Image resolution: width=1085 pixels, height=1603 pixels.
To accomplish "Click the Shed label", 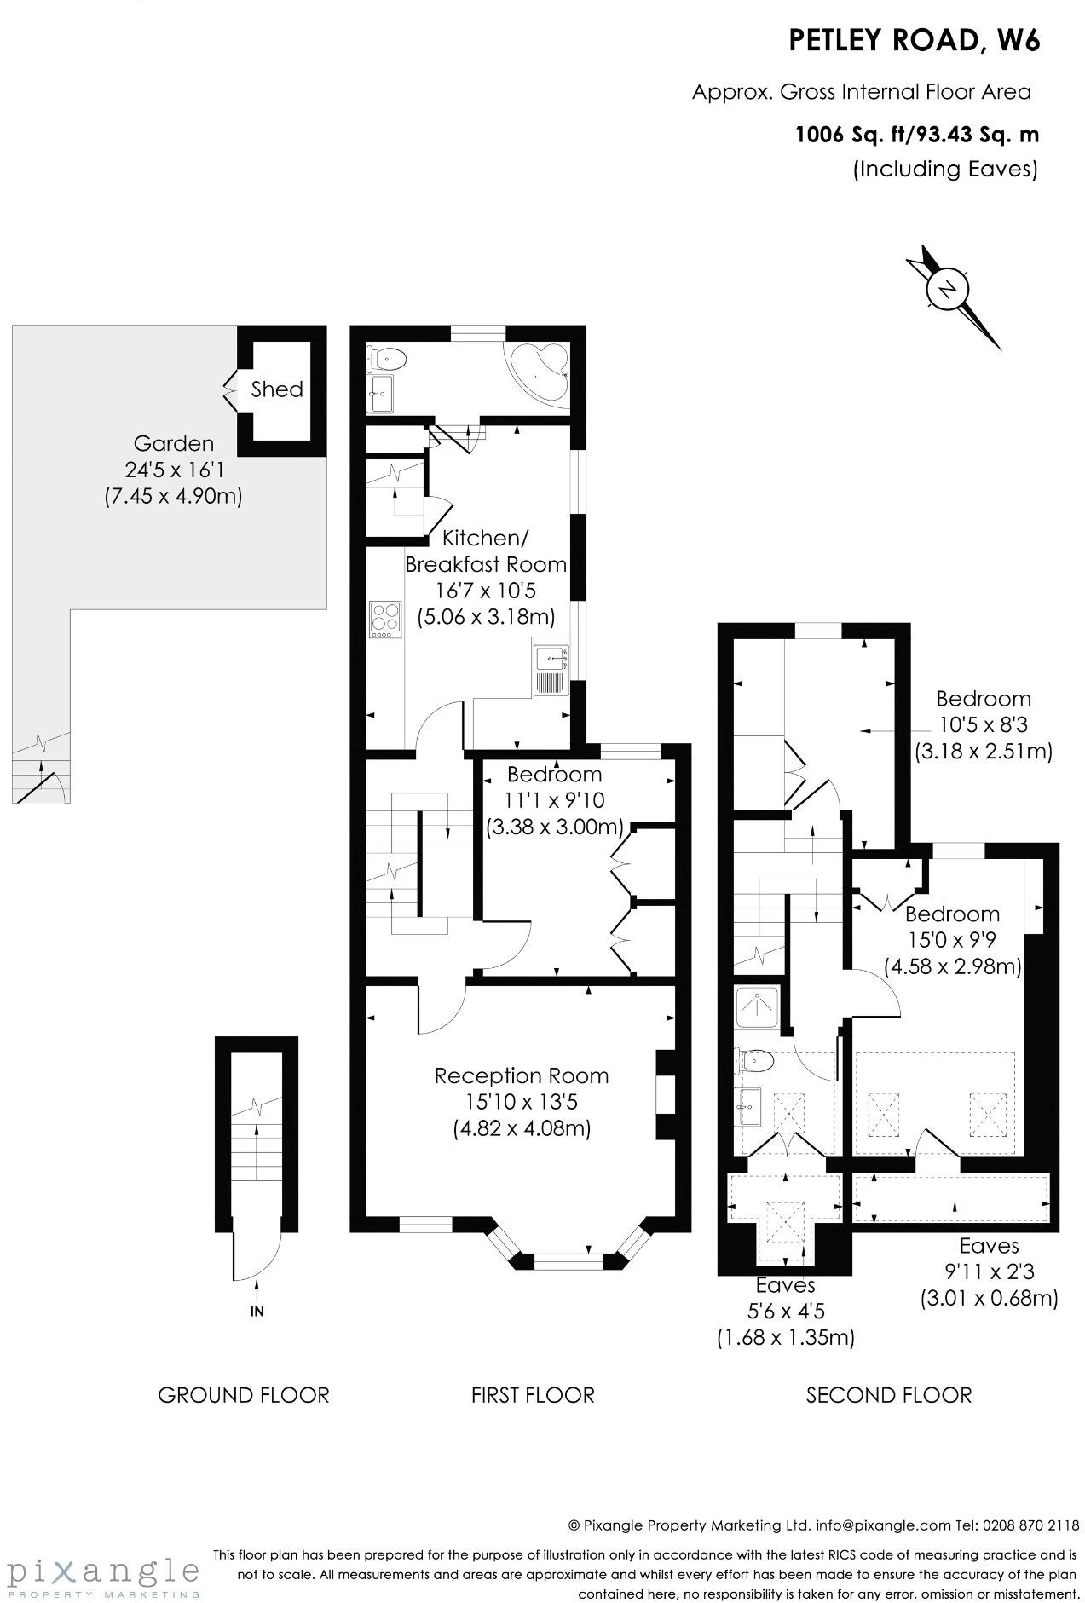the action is [277, 389].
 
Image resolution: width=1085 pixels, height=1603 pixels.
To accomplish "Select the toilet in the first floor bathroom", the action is [390, 359].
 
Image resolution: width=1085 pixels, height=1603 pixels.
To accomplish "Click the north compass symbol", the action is [948, 290].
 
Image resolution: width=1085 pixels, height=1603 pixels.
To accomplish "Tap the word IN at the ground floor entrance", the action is [257, 1311].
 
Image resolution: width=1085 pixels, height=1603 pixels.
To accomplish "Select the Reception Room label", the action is [522, 1075].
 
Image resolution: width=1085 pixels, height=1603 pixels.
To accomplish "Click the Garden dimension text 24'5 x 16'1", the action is [173, 470].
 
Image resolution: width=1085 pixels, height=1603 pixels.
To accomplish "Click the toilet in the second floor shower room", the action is [755, 1062].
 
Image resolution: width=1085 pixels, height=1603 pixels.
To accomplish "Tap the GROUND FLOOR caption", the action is [244, 1395].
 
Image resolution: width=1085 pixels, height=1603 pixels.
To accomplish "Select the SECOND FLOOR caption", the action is [889, 1395].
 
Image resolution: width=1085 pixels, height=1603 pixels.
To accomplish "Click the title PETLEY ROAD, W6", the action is [914, 41].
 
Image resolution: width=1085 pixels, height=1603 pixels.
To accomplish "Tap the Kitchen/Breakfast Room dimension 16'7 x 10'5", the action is [487, 591].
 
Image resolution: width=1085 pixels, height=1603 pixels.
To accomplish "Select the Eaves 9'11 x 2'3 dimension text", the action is [989, 1272].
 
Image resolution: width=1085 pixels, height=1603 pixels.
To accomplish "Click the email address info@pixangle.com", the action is [882, 1525].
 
